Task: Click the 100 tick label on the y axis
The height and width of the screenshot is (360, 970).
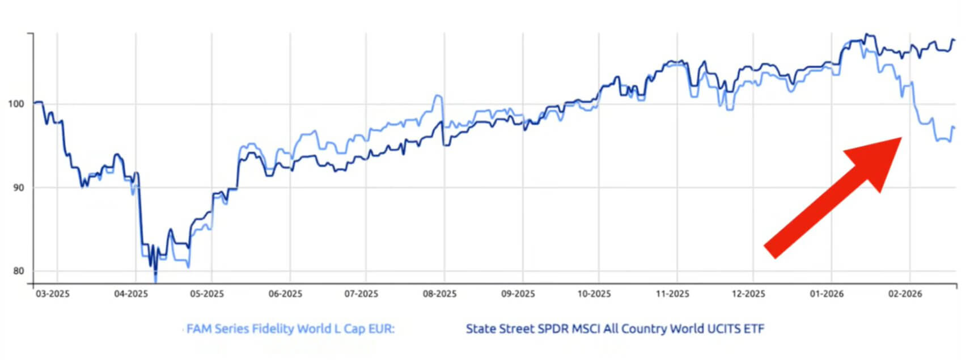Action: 16,104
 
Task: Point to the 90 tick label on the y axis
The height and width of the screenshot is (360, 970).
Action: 19,188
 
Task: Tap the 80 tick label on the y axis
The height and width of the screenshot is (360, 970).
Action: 19,271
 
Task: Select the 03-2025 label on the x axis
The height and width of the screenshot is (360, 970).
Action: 52,294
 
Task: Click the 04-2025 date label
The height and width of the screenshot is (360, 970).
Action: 130,294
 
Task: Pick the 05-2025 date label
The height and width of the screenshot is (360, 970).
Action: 206,294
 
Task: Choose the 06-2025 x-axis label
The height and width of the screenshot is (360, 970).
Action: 285,294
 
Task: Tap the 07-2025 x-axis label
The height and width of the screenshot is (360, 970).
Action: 361,294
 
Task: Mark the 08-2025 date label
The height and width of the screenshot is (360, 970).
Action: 439,294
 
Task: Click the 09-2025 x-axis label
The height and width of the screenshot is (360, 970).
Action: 518,294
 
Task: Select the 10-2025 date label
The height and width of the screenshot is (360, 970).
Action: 594,294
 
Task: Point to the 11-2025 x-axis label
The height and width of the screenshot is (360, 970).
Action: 672,294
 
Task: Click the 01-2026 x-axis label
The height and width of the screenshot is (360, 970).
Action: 827,294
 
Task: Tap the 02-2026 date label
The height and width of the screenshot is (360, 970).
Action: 905,294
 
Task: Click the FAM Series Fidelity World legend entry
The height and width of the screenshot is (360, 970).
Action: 290,329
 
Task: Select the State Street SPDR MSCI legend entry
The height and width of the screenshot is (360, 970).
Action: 615,329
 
